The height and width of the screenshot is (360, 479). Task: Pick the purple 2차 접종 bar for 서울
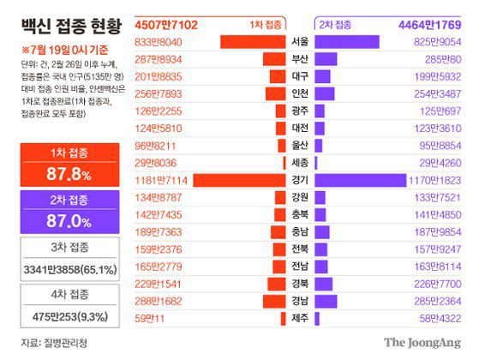point(347,41)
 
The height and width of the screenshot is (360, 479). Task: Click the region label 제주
point(301,319)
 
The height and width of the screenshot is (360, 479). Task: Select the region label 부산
point(301,58)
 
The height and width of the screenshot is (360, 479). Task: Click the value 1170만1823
point(436,180)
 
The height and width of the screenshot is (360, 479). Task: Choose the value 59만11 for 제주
point(150,319)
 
